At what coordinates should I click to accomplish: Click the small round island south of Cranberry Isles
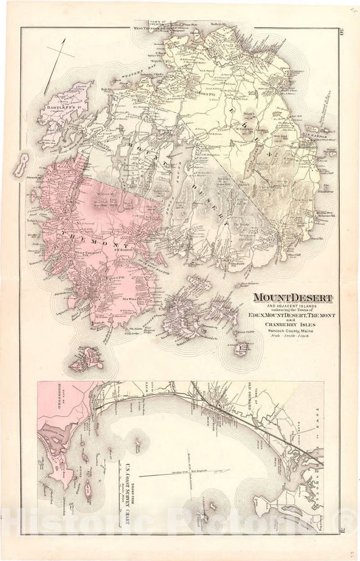(x=240, y=349)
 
